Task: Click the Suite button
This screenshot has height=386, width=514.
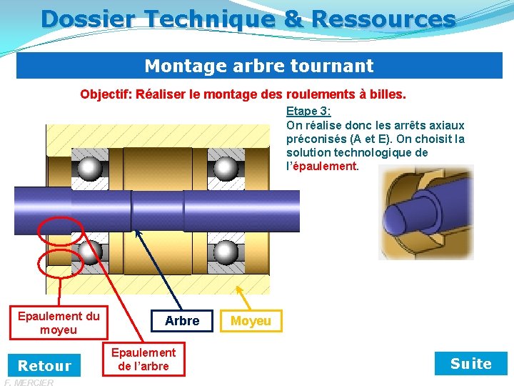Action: (470, 364)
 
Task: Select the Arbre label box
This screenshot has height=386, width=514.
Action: (182, 321)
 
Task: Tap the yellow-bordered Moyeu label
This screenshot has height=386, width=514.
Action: (251, 321)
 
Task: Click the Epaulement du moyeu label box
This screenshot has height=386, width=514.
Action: (59, 322)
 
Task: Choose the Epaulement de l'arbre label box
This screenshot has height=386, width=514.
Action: (143, 360)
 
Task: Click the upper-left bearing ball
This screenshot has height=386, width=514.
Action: (90, 168)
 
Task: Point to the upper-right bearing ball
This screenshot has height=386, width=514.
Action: (226, 168)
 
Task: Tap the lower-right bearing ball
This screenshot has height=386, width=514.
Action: (226, 252)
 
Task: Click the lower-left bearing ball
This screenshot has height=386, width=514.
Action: (90, 252)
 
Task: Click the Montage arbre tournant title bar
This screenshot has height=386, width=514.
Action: (258, 66)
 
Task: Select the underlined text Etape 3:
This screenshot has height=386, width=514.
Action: (308, 112)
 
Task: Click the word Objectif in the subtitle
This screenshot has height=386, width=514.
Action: (104, 94)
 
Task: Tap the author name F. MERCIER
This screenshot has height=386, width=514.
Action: (29, 382)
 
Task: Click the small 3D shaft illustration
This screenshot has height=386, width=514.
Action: (415, 202)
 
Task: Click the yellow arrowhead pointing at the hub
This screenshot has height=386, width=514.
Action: (239, 291)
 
